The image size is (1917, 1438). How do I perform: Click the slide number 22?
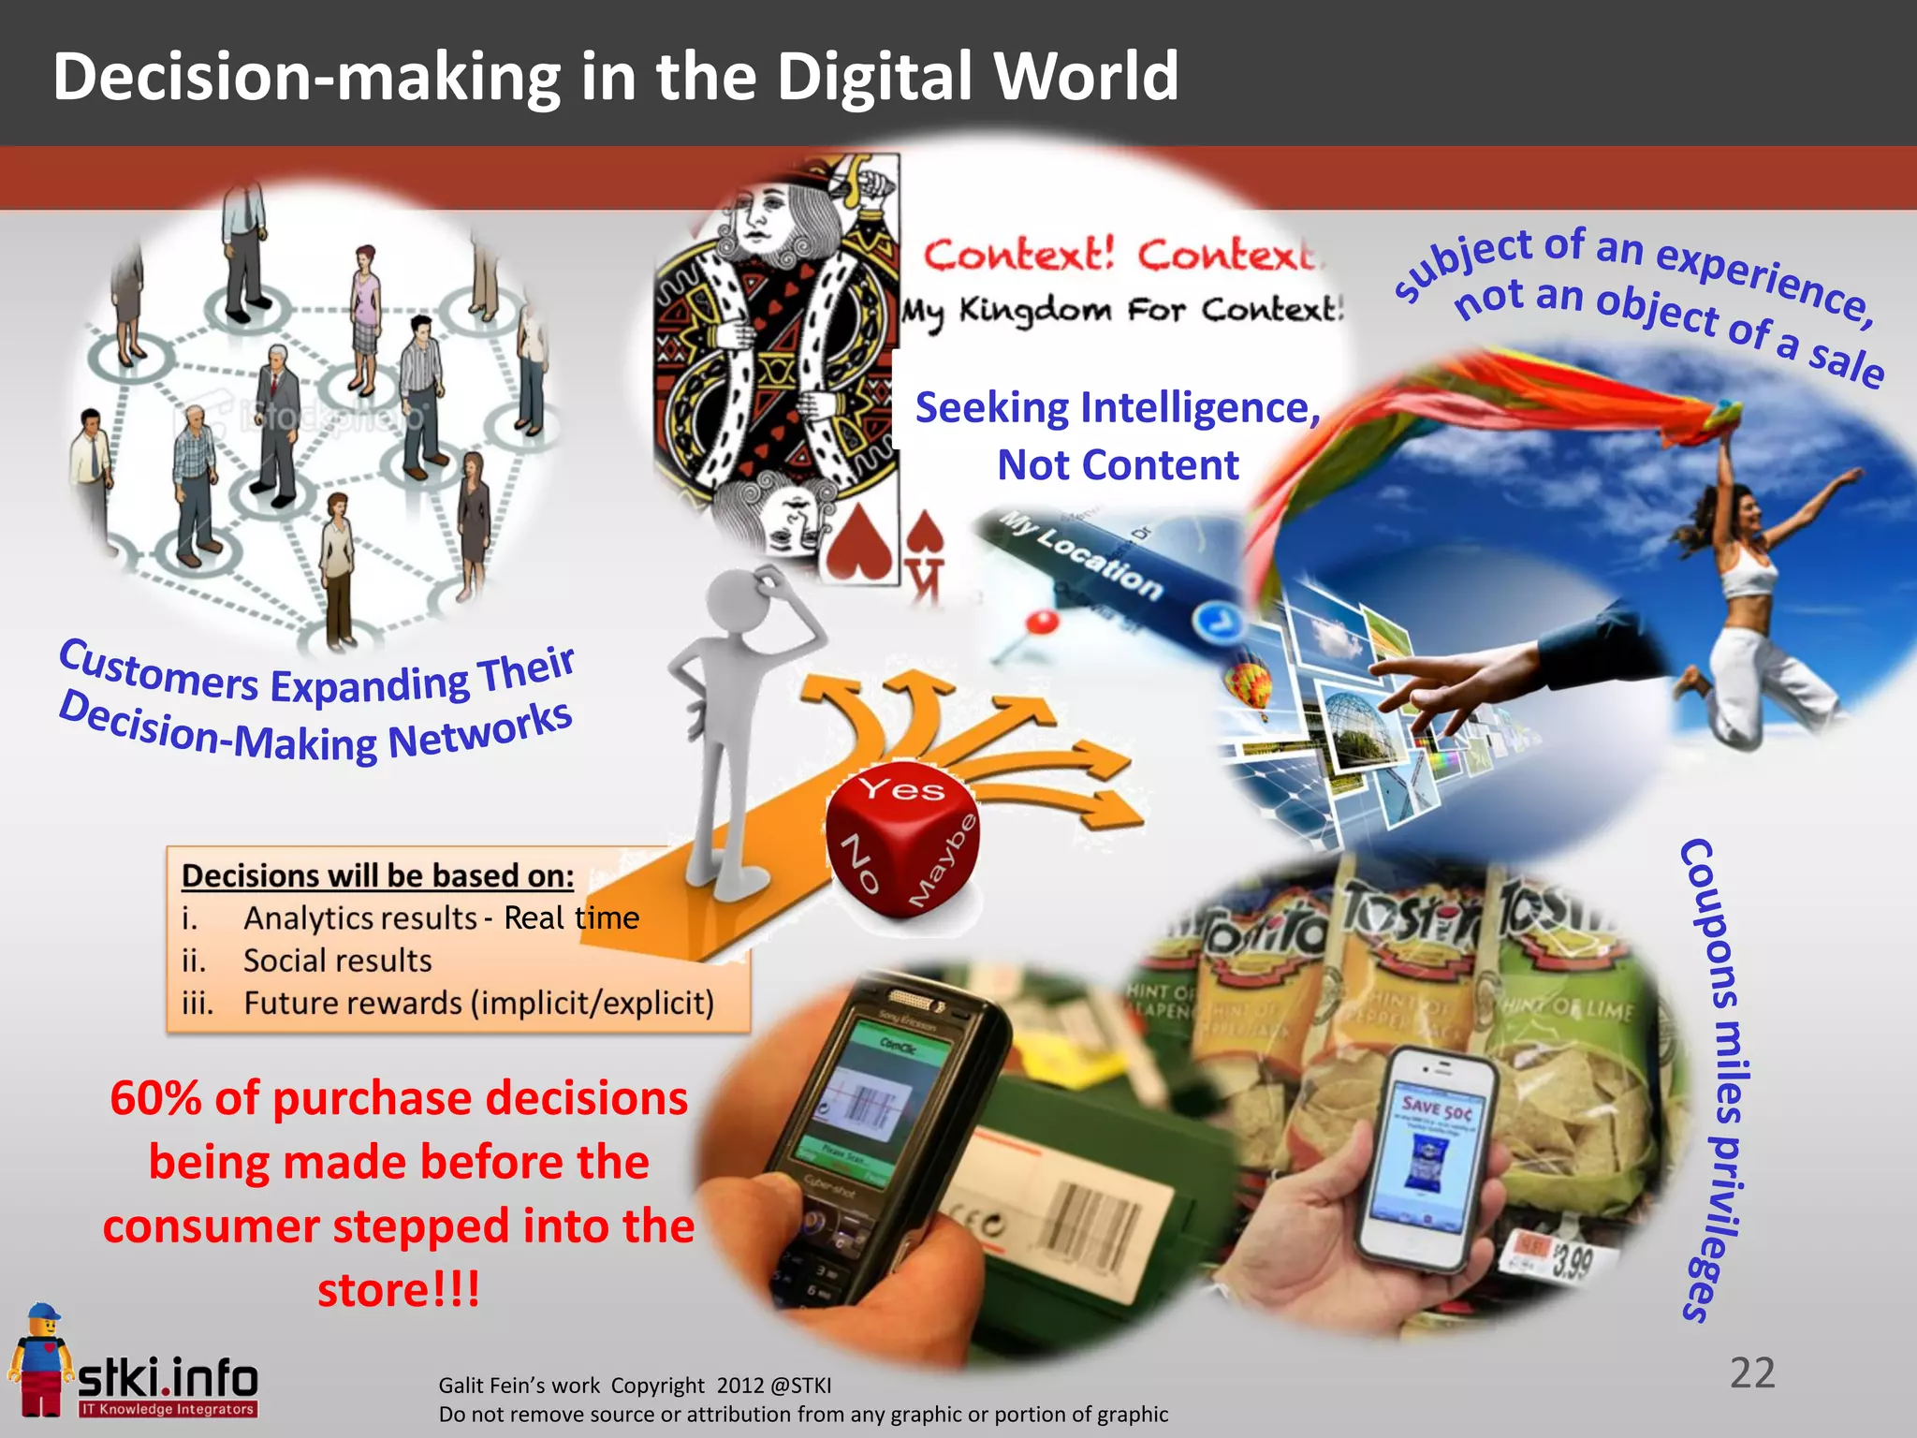[x=1752, y=1372]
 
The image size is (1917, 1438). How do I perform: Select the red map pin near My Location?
[x=1042, y=622]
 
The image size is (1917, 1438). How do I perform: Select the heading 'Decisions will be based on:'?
[x=377, y=875]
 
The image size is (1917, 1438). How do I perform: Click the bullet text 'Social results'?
[x=337, y=961]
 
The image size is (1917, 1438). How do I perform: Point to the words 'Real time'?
[x=571, y=917]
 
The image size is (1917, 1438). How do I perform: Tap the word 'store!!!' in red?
[x=399, y=1290]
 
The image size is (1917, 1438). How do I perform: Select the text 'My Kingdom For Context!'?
[x=1121, y=309]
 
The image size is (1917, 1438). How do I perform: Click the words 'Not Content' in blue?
[x=1118, y=465]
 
